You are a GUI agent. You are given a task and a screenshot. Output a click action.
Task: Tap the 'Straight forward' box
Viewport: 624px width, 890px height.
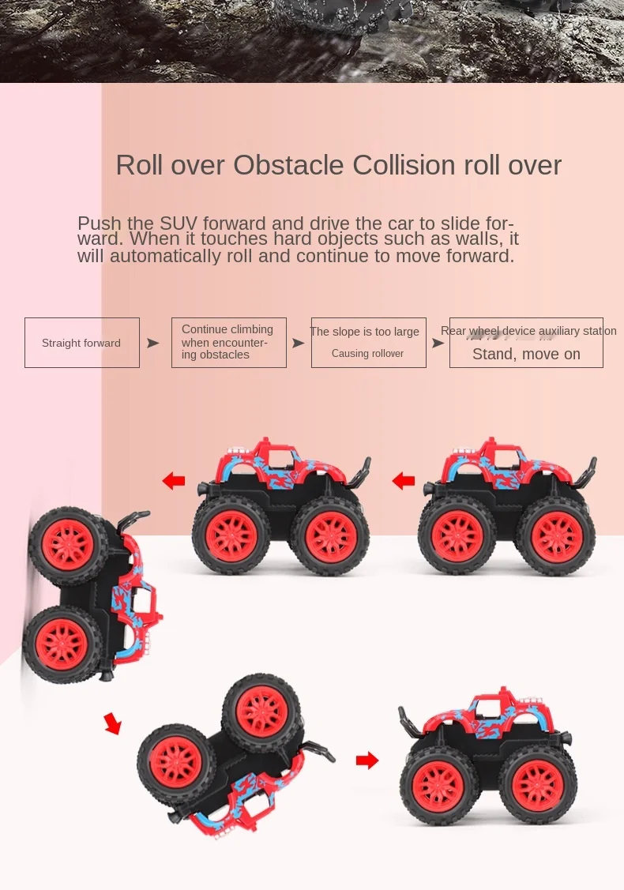pyautogui.click(x=82, y=343)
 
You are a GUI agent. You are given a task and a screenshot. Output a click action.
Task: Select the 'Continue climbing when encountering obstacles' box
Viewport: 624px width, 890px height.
pyautogui.click(x=228, y=342)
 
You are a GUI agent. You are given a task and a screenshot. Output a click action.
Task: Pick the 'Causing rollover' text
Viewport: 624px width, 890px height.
pyautogui.click(x=367, y=354)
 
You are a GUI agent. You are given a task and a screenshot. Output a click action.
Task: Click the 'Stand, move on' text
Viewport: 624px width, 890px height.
pyautogui.click(x=526, y=355)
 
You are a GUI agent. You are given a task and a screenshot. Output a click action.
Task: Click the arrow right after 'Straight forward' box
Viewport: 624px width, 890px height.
pyautogui.click(x=153, y=343)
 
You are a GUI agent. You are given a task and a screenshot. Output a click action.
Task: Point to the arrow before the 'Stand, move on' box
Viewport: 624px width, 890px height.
pyautogui.click(x=438, y=343)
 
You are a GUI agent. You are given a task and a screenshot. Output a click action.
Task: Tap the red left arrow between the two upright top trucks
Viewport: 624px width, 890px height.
pyautogui.click(x=404, y=480)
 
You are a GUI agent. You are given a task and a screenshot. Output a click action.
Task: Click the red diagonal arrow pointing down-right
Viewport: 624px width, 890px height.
pyautogui.click(x=113, y=723)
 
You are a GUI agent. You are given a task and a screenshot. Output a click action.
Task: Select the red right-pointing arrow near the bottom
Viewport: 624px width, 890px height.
pyautogui.click(x=367, y=760)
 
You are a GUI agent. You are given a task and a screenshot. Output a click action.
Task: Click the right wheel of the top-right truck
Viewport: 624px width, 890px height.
pyautogui.click(x=556, y=536)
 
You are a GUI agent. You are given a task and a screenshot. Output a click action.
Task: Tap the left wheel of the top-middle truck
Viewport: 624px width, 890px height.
pyautogui.click(x=231, y=536)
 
